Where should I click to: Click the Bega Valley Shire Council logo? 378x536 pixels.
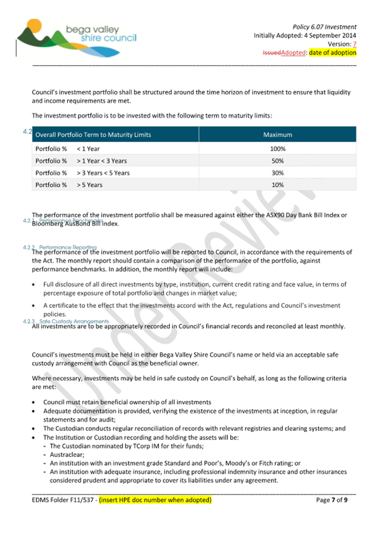pyautogui.click(x=76, y=34)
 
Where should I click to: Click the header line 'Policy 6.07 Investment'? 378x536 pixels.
pyautogui.click(x=324, y=26)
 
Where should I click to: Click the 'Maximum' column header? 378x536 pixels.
pyautogui.click(x=277, y=135)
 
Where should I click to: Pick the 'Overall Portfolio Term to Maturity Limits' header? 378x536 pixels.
pyautogui.click(x=93, y=135)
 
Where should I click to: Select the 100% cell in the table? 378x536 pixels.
pyautogui.click(x=277, y=149)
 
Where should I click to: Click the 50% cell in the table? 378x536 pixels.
pyautogui.click(x=277, y=161)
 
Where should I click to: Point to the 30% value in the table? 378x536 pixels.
pyautogui.click(x=277, y=173)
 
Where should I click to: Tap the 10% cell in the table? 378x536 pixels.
pyautogui.click(x=277, y=184)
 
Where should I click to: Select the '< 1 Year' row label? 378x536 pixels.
pyautogui.click(x=88, y=149)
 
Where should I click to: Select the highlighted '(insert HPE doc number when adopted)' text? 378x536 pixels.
pyautogui.click(x=155, y=500)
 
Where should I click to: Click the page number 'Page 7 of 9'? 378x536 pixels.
pyautogui.click(x=336, y=500)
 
